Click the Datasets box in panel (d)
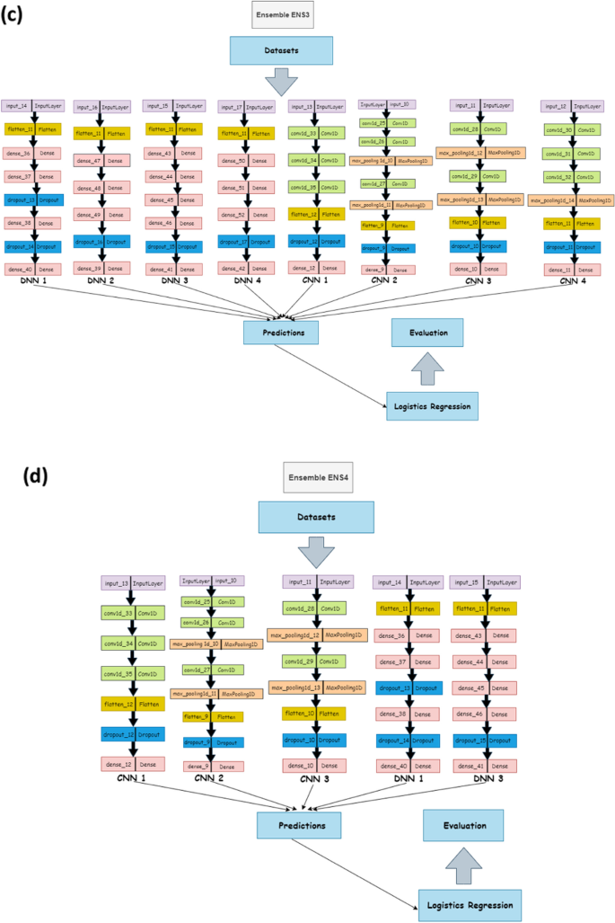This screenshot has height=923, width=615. click(315, 517)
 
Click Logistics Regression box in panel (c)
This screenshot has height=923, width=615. click(428, 406)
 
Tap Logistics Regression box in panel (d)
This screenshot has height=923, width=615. click(470, 902)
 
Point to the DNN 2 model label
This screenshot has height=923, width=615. click(101, 281)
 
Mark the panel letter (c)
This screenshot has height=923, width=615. click(13, 15)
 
